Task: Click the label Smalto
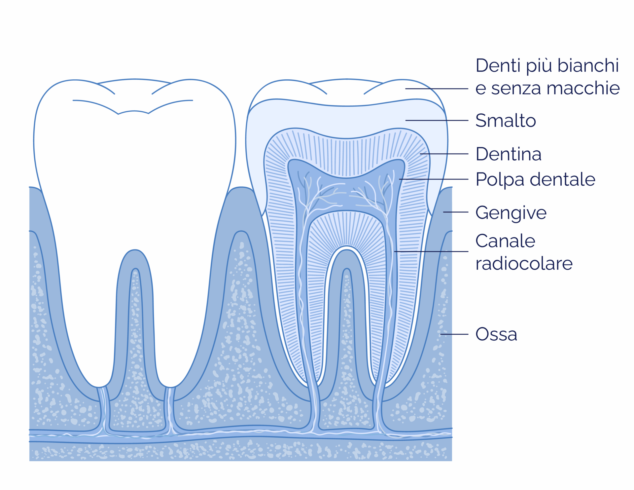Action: point(506,120)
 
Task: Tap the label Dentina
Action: point(509,154)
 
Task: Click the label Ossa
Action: point(496,334)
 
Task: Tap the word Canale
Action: point(505,241)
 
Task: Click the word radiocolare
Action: point(524,264)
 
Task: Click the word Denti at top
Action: point(499,65)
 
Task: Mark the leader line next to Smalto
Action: point(437,120)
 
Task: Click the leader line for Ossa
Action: point(454,334)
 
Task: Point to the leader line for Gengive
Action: point(456,212)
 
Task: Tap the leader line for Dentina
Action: point(444,154)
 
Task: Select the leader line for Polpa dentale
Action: point(434,179)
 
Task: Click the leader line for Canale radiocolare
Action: point(431,251)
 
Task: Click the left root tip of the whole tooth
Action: point(99,386)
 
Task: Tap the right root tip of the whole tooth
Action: point(170,386)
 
